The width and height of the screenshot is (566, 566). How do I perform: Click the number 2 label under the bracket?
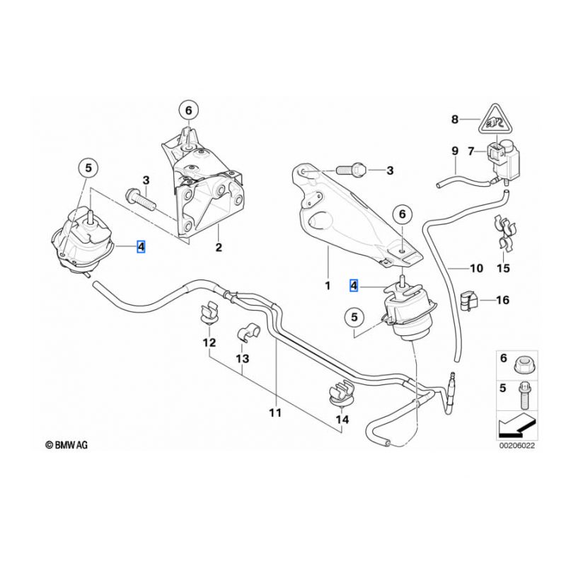(219, 248)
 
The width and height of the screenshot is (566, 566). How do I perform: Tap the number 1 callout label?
(328, 286)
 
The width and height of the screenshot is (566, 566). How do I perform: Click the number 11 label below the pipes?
(275, 412)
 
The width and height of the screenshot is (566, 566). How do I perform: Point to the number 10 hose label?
(475, 269)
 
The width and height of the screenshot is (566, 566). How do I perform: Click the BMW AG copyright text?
(67, 445)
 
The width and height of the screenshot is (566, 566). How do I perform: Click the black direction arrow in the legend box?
(515, 427)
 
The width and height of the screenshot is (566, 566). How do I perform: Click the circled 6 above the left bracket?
(188, 110)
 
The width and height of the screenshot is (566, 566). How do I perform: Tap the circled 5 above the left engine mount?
(88, 168)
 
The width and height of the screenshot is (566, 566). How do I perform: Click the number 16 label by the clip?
(502, 300)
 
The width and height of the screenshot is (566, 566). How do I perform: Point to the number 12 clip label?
(209, 343)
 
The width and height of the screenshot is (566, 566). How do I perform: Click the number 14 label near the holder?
(342, 420)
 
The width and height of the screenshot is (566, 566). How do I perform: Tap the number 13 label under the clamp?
(242, 359)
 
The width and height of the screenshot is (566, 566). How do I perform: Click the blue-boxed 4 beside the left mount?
(141, 247)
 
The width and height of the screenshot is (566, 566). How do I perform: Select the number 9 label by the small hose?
(455, 150)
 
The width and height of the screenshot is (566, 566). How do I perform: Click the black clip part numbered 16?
(468, 300)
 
